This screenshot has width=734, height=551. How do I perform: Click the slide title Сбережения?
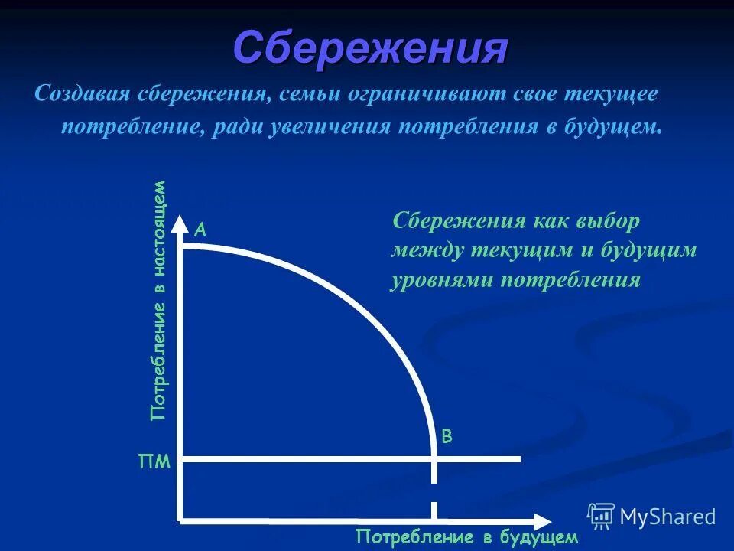pos(370,49)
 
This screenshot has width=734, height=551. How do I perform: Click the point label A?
pos(200,229)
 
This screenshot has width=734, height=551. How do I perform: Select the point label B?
pos(447,437)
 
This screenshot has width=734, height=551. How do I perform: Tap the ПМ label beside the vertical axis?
pos(154,462)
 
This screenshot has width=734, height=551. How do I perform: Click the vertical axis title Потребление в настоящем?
pos(158,300)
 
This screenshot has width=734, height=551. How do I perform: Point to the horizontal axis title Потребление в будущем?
pos(467,536)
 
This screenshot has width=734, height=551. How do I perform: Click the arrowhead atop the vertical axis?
pos(180,224)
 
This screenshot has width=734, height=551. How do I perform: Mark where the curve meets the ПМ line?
pos(434,459)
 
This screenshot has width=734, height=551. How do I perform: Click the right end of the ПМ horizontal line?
pos(518,459)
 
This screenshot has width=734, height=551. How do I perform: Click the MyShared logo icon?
pos(601,517)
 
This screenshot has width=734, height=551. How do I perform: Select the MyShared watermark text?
pos(667,517)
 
